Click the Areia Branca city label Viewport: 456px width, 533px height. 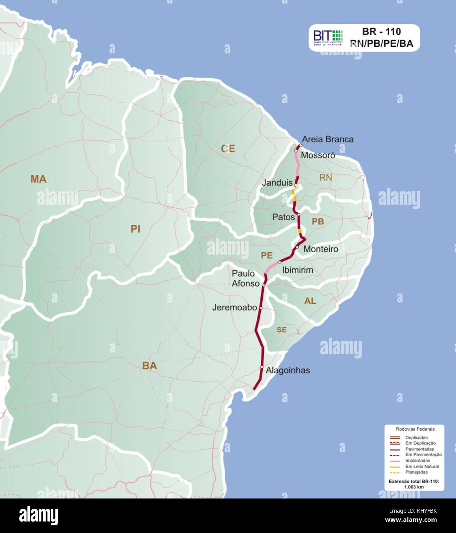328,139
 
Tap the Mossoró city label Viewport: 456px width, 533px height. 318,155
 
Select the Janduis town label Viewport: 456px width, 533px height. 277,183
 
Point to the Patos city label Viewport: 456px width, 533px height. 283,217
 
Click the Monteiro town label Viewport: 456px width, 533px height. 321,249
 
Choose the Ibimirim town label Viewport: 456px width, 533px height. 298,270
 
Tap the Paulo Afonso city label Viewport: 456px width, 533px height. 245,278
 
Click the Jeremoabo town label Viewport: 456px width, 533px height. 234,308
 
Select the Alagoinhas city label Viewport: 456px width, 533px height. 288,370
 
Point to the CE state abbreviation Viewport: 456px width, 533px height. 228,149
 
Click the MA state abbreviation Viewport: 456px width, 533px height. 38,179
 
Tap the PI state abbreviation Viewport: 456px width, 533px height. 135,229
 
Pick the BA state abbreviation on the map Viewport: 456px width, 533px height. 150,366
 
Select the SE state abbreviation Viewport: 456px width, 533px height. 282,330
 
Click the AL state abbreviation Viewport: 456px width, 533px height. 310,301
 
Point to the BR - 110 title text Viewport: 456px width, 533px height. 381,31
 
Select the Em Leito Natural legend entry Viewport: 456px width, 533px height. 422,466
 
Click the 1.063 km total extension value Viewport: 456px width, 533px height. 414,487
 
